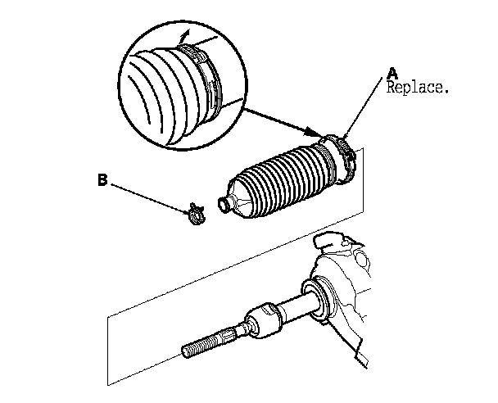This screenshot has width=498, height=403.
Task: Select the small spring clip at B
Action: (x=194, y=214)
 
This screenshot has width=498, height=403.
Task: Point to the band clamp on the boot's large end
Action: (x=345, y=154)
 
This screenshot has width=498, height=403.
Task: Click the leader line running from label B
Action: (x=147, y=197)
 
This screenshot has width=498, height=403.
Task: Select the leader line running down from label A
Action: (x=366, y=106)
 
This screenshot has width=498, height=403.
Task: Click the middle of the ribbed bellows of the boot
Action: (x=283, y=183)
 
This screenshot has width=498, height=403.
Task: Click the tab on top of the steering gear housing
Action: (x=335, y=242)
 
